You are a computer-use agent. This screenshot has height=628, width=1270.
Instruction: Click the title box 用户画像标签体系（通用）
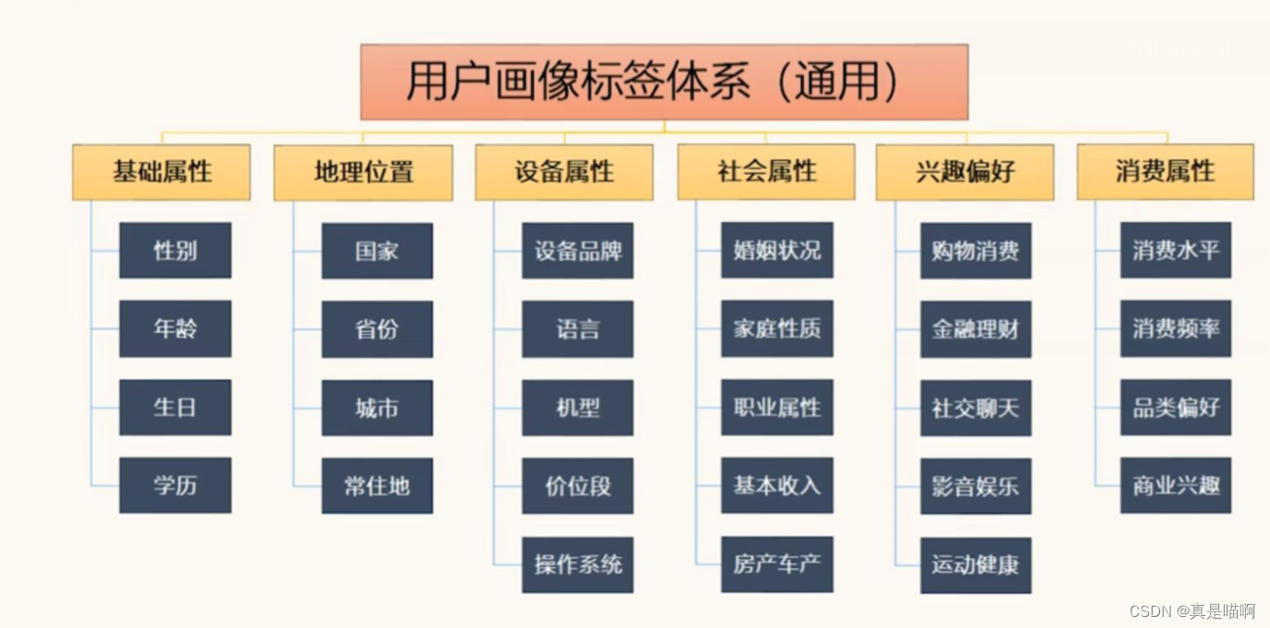[664, 81]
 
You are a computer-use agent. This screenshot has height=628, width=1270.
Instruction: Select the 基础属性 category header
[162, 172]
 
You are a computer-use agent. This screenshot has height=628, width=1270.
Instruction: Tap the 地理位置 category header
[363, 172]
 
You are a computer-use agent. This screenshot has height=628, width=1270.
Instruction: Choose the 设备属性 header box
[564, 172]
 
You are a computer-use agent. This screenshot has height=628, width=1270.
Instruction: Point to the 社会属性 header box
[766, 172]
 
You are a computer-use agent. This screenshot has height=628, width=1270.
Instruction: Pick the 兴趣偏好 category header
[965, 172]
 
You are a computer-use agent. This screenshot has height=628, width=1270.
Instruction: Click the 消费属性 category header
[1165, 172]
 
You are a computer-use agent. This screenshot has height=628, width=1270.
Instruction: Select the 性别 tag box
[175, 250]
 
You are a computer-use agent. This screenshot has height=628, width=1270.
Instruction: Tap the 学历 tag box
[175, 486]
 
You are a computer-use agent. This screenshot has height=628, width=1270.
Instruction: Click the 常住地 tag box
[377, 486]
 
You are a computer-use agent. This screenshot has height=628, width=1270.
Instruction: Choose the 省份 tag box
[377, 329]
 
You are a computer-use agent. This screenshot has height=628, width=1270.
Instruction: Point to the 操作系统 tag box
[578, 564]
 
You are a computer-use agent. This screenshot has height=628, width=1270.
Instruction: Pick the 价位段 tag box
[578, 486]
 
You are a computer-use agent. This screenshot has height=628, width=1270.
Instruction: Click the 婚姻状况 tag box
[776, 250]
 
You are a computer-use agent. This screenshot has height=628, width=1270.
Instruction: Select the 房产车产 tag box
[776, 564]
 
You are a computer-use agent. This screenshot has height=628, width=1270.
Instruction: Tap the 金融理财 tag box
[975, 329]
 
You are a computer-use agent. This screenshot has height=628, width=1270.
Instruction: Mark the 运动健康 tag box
[975, 565]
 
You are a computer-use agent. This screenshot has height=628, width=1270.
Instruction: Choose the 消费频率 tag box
[1176, 329]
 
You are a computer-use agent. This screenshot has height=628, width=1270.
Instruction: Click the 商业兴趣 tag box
[1176, 486]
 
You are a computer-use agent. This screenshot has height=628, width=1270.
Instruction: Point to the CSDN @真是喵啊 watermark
[1192, 611]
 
